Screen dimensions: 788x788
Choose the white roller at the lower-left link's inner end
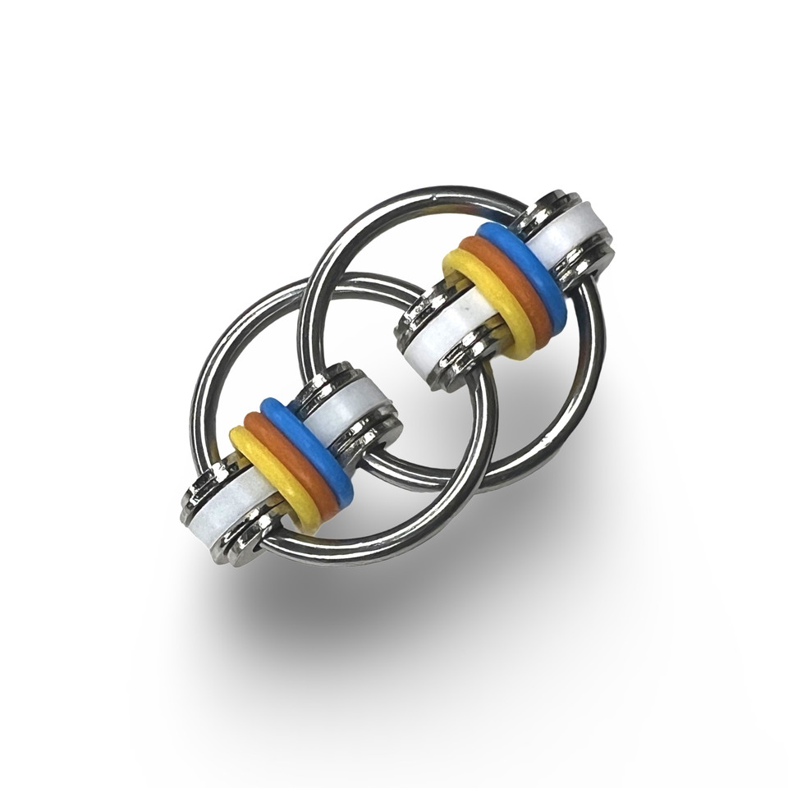pyautogui.click(x=349, y=408)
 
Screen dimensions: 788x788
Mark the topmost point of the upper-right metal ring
pyautogui.click(x=443, y=195)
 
